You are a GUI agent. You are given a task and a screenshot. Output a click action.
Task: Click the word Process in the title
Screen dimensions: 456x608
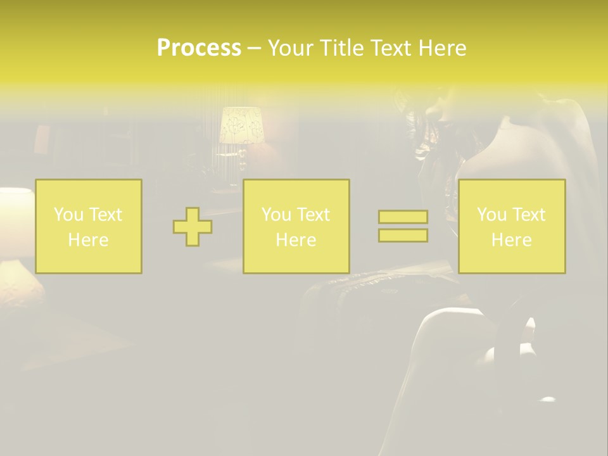point(199,48)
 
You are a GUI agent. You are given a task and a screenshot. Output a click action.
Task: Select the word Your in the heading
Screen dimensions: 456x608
point(291,48)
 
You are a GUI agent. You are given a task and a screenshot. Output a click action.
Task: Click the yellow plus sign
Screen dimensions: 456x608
point(193,227)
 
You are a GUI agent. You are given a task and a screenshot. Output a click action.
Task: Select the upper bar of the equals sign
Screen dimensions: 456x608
point(403,217)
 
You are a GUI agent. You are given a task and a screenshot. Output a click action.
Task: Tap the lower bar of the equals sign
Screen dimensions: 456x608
point(403,236)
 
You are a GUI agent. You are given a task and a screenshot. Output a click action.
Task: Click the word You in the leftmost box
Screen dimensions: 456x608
point(68,215)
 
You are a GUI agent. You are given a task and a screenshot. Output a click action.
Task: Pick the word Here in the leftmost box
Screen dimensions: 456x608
point(88,240)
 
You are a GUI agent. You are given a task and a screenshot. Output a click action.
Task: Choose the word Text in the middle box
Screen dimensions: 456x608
point(313,215)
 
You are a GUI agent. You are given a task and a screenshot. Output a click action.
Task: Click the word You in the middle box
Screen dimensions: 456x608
point(276,215)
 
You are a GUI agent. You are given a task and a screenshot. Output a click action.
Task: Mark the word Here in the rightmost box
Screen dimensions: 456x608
point(511,240)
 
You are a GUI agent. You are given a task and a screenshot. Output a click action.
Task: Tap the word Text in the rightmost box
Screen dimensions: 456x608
point(529,215)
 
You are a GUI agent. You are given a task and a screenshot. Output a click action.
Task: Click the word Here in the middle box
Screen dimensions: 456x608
point(296,240)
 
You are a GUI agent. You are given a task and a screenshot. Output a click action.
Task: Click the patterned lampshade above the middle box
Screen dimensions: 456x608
point(241,125)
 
